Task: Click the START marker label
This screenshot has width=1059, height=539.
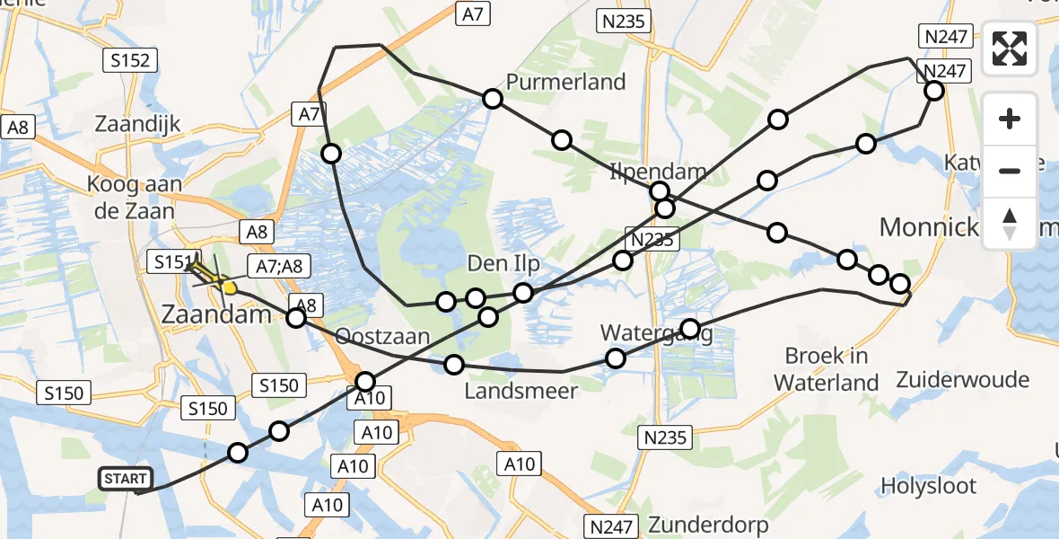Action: coord(126,479)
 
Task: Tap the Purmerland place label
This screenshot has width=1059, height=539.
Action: coord(565,83)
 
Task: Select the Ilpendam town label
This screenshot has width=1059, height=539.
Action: coord(658,172)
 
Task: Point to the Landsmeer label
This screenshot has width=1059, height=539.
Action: coord(521,391)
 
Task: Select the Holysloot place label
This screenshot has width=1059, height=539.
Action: coord(928,486)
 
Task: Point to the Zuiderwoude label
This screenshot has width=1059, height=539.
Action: coord(963,379)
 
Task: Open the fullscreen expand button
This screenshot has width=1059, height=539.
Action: coord(1010,49)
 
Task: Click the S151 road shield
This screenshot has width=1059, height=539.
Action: coord(171,262)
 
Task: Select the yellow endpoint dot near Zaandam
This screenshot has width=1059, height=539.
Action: coord(229,288)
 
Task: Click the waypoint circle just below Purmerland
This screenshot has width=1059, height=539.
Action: coord(492,99)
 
